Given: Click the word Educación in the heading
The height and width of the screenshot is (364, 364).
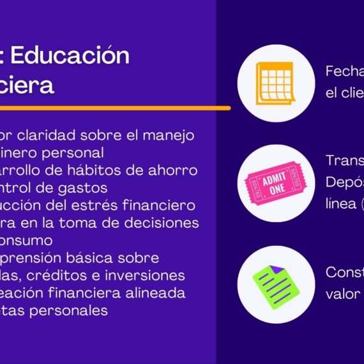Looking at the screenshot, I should point(70,56).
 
